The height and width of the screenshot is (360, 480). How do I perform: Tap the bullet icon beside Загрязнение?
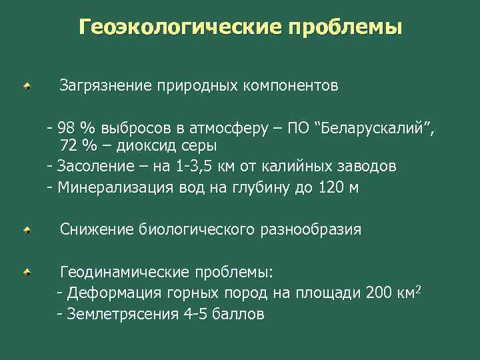click(25, 87)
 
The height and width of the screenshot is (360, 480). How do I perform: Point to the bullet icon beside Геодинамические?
click(25, 272)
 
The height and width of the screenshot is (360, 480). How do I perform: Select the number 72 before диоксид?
click(69, 145)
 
